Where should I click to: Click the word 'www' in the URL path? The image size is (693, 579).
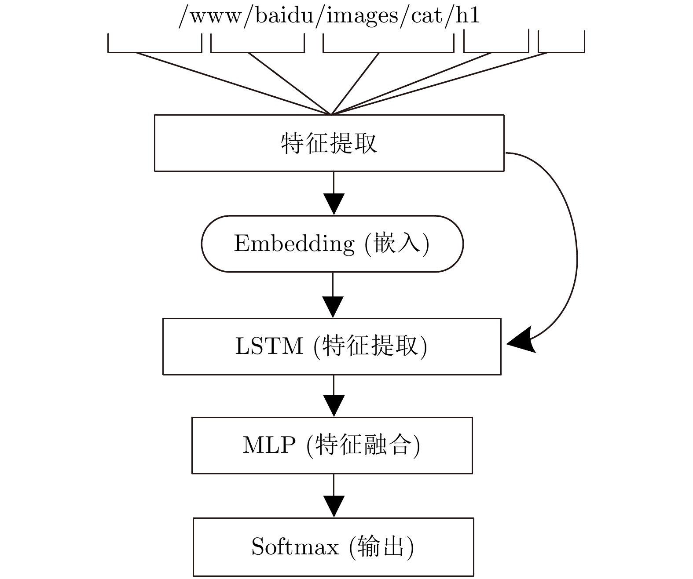(216, 17)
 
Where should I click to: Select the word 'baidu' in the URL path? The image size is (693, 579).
(284, 15)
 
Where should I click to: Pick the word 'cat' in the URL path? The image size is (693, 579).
(426, 17)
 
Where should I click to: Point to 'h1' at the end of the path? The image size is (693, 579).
(468, 15)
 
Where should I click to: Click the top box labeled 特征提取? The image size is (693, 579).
(329, 143)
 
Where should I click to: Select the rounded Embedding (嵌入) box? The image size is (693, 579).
(332, 244)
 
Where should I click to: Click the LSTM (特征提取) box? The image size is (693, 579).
(332, 346)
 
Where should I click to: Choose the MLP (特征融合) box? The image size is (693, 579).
(332, 445)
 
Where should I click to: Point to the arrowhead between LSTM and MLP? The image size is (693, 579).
(334, 406)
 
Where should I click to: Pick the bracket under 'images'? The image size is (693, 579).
(389, 52)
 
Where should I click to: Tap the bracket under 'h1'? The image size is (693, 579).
(561, 52)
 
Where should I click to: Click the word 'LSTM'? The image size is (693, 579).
(269, 346)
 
